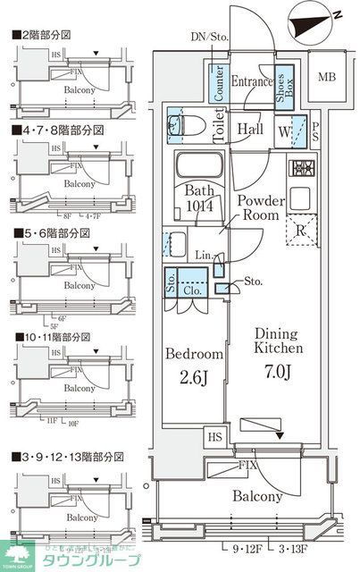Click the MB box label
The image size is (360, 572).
(x=328, y=77)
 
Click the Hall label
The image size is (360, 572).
(x=250, y=129)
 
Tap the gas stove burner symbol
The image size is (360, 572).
(x=301, y=168)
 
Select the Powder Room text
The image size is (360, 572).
(x=259, y=208)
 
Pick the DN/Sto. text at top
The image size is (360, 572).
(x=209, y=37)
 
